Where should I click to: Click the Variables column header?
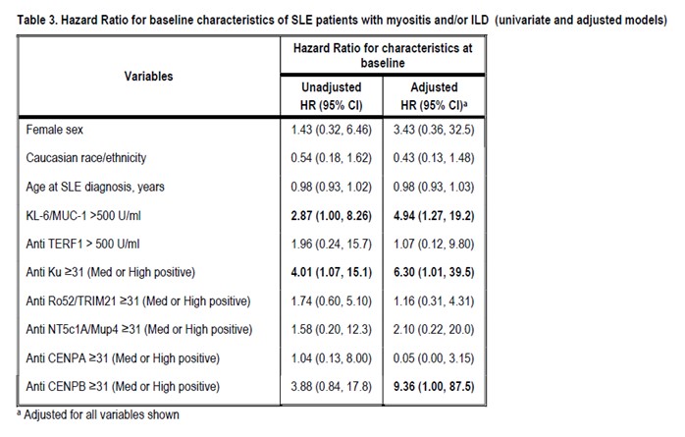coord(149,76)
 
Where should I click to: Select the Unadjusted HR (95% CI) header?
coord(331,95)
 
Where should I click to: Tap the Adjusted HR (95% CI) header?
coord(434,95)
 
